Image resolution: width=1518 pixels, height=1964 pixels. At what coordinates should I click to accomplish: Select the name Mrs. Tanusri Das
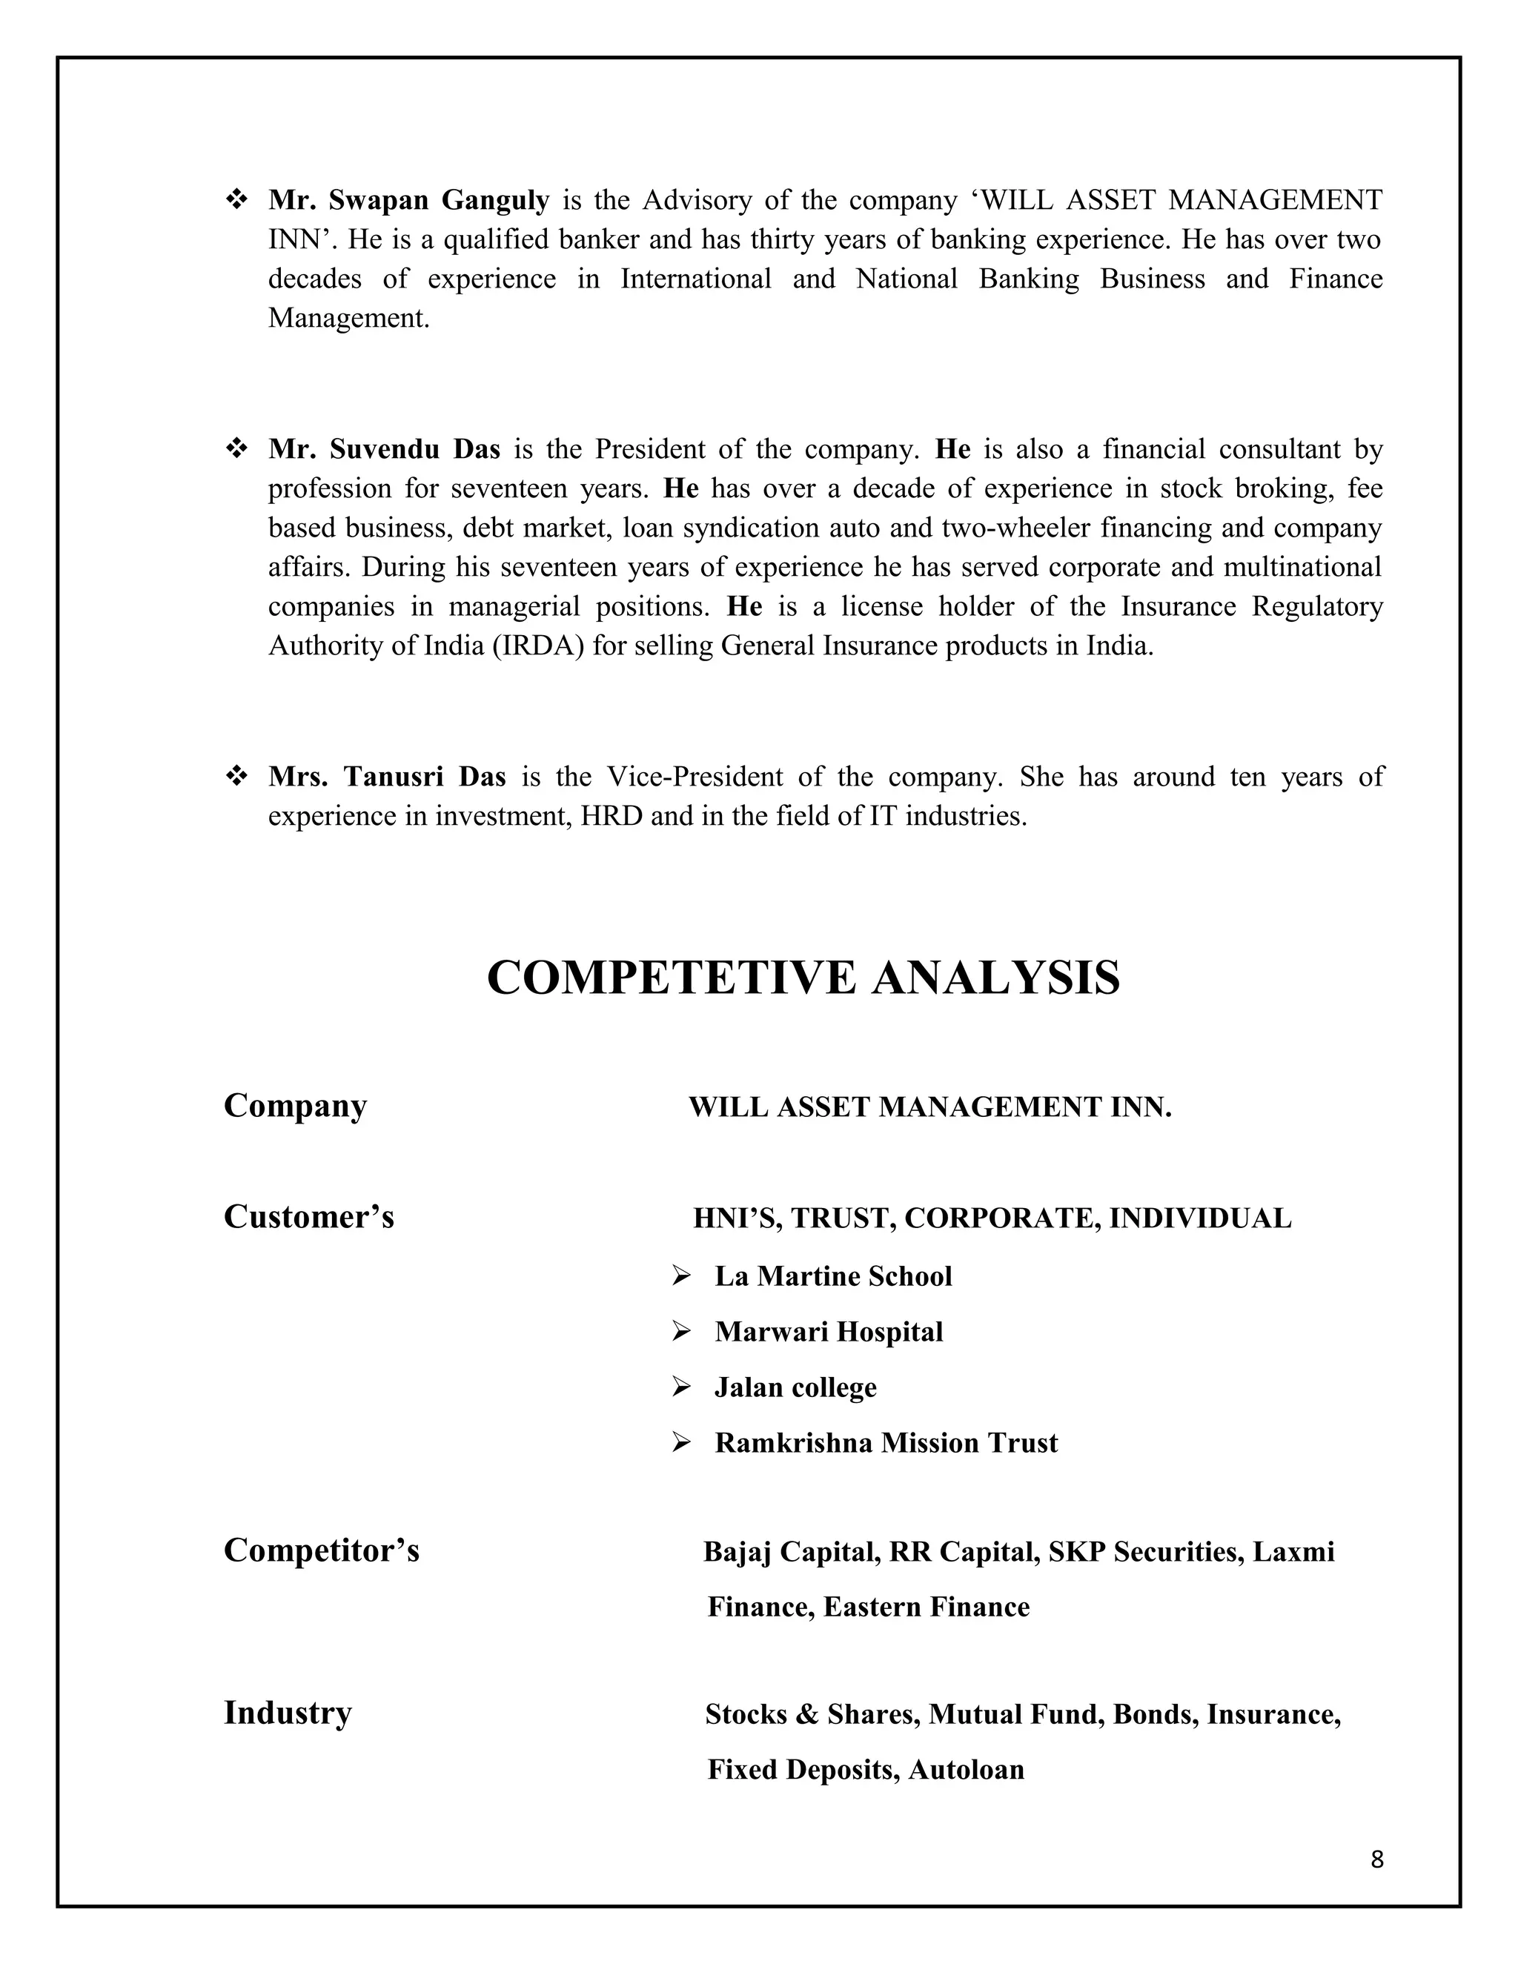coord(387,776)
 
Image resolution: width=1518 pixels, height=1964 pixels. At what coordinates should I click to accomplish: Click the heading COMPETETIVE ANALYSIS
coord(803,978)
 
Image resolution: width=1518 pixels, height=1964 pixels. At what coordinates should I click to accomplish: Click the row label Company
coord(295,1105)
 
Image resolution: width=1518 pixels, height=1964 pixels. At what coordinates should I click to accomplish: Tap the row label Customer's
coord(308,1217)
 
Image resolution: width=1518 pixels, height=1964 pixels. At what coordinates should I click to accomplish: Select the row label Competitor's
coord(321,1550)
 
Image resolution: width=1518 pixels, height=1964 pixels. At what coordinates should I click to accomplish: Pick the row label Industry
coord(287,1712)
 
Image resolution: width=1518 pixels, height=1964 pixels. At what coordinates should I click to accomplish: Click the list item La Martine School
coord(832,1276)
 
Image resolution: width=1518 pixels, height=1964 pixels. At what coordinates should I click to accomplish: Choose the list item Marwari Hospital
coord(828,1332)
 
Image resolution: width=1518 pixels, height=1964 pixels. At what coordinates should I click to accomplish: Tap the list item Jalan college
coord(795,1387)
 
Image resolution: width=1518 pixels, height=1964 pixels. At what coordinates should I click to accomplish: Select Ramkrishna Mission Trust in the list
coord(886,1442)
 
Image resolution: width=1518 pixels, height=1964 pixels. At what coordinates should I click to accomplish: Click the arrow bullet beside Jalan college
coord(680,1387)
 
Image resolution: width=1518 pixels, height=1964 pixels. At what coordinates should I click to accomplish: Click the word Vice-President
coord(695,776)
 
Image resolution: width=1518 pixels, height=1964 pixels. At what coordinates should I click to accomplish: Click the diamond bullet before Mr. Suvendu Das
coord(237,448)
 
